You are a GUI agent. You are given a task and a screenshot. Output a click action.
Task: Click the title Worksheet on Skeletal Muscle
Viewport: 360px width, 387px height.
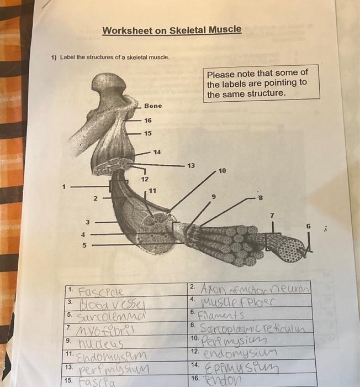[x=172, y=30]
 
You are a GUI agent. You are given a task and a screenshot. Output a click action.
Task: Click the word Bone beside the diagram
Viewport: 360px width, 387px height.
[x=153, y=106]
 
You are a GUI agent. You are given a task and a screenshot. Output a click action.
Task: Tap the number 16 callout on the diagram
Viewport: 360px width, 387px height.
[x=148, y=120]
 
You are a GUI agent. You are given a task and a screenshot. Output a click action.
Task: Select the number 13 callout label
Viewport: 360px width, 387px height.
[x=190, y=165]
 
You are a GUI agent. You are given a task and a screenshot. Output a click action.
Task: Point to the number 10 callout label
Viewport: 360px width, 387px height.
[x=222, y=171]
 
